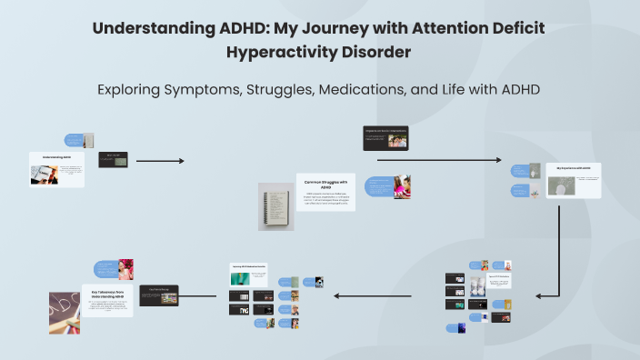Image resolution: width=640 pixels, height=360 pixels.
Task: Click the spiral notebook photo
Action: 275,205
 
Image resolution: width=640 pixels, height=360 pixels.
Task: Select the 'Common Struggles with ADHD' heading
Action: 325,185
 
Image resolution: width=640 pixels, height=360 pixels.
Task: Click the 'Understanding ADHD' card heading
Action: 56,156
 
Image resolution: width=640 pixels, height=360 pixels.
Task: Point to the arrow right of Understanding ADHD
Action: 159,161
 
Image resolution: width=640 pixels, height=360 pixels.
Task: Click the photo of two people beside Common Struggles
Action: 401,186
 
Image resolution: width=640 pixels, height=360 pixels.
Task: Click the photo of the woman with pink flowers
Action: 125,268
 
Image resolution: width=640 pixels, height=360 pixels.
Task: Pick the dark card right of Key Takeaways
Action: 159,295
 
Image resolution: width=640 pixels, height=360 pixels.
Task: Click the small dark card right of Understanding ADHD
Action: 113,159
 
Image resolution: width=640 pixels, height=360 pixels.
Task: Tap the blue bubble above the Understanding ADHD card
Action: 75,140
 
